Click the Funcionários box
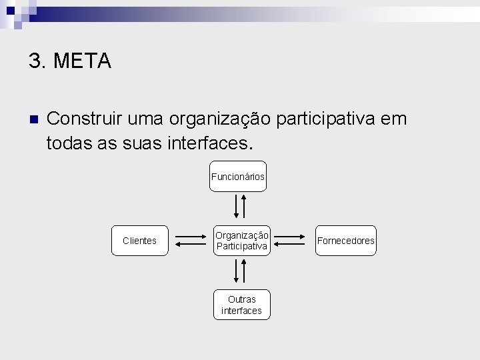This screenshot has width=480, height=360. tap(238, 177)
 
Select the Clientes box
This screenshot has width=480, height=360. tap(140, 241)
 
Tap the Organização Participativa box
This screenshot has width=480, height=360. tap(241, 241)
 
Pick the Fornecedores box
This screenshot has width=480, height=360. tap(346, 241)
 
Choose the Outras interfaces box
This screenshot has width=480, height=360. tap(241, 305)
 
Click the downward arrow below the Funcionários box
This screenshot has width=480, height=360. tap(236, 207)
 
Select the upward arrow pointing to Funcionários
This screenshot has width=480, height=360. tap(245, 205)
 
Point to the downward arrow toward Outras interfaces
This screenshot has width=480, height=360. tap(236, 271)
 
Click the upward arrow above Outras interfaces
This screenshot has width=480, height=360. tap(245, 270)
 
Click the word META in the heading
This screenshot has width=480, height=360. tap(82, 61)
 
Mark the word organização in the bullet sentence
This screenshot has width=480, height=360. tap(220, 120)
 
